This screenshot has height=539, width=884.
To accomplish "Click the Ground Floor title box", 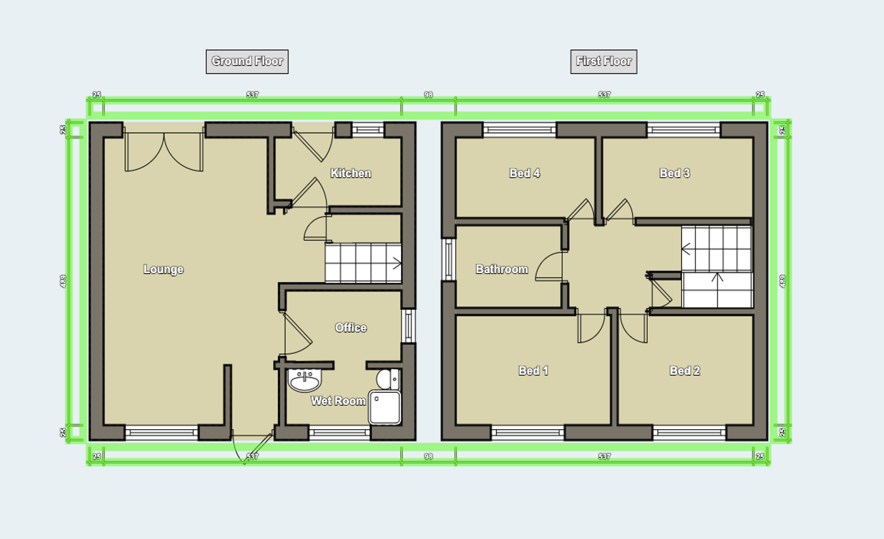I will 247,62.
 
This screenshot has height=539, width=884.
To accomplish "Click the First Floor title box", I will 603,62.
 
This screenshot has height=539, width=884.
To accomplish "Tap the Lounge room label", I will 163,269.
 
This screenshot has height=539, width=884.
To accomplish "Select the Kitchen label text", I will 350,173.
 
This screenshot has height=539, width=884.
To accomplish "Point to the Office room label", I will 350,328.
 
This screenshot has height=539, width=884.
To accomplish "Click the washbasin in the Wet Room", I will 304,380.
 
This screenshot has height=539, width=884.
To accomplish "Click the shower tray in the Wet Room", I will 384,408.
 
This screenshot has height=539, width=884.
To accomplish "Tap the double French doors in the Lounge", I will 164,151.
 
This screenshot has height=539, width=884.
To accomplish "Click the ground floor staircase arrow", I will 396,264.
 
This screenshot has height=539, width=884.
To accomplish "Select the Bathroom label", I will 501,269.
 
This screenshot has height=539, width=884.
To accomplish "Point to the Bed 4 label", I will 524,173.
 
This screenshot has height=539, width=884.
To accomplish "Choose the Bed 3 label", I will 674,173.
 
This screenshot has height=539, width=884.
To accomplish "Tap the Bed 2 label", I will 684,371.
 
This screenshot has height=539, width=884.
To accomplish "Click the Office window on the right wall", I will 408,326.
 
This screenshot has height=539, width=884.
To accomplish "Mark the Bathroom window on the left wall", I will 448,259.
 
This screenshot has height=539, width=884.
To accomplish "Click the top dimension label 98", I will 428,95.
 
